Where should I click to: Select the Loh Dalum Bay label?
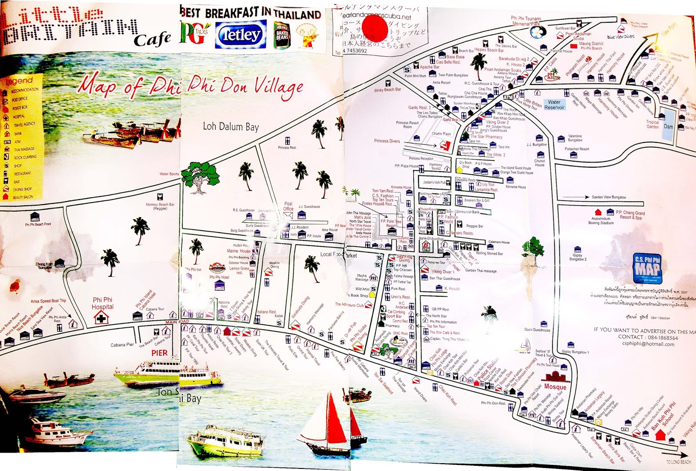[231, 127]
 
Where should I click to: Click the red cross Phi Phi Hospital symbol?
[101, 318]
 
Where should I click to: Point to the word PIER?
[159, 353]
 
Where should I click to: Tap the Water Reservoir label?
[554, 105]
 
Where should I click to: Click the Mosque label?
[555, 386]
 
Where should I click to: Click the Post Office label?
[288, 206]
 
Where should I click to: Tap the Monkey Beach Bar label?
[160, 206]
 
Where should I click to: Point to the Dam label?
[668, 127]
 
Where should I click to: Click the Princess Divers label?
[387, 141]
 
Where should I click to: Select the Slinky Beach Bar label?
[387, 90]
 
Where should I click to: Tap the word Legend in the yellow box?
[19, 81]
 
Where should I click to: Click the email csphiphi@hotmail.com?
[648, 344]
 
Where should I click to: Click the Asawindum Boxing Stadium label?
[601, 221]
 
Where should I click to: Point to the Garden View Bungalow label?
[609, 197]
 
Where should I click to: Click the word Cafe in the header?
[152, 40]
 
